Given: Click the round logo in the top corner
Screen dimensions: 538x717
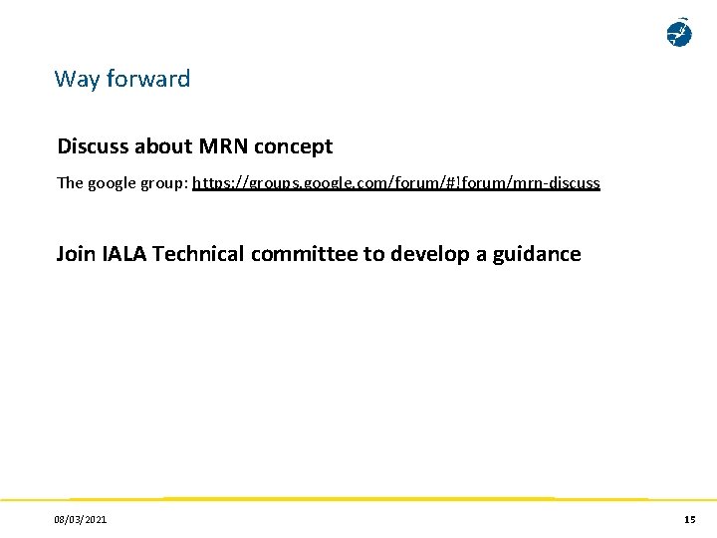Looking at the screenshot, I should click(x=678, y=33).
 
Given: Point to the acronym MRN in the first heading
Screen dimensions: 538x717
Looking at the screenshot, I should click(x=224, y=146).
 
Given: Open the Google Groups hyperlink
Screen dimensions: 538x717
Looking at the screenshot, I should click(x=395, y=183).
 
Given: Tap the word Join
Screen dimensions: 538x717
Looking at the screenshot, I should click(x=76, y=254).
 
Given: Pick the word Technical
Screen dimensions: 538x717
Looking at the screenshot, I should click(x=198, y=254).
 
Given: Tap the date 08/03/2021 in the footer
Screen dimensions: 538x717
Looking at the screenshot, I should click(x=82, y=520).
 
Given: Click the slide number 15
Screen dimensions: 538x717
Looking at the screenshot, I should click(x=689, y=520).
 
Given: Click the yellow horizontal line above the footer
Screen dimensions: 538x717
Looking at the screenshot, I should click(x=358, y=498).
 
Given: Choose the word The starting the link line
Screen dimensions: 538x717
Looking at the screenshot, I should click(x=70, y=183).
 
